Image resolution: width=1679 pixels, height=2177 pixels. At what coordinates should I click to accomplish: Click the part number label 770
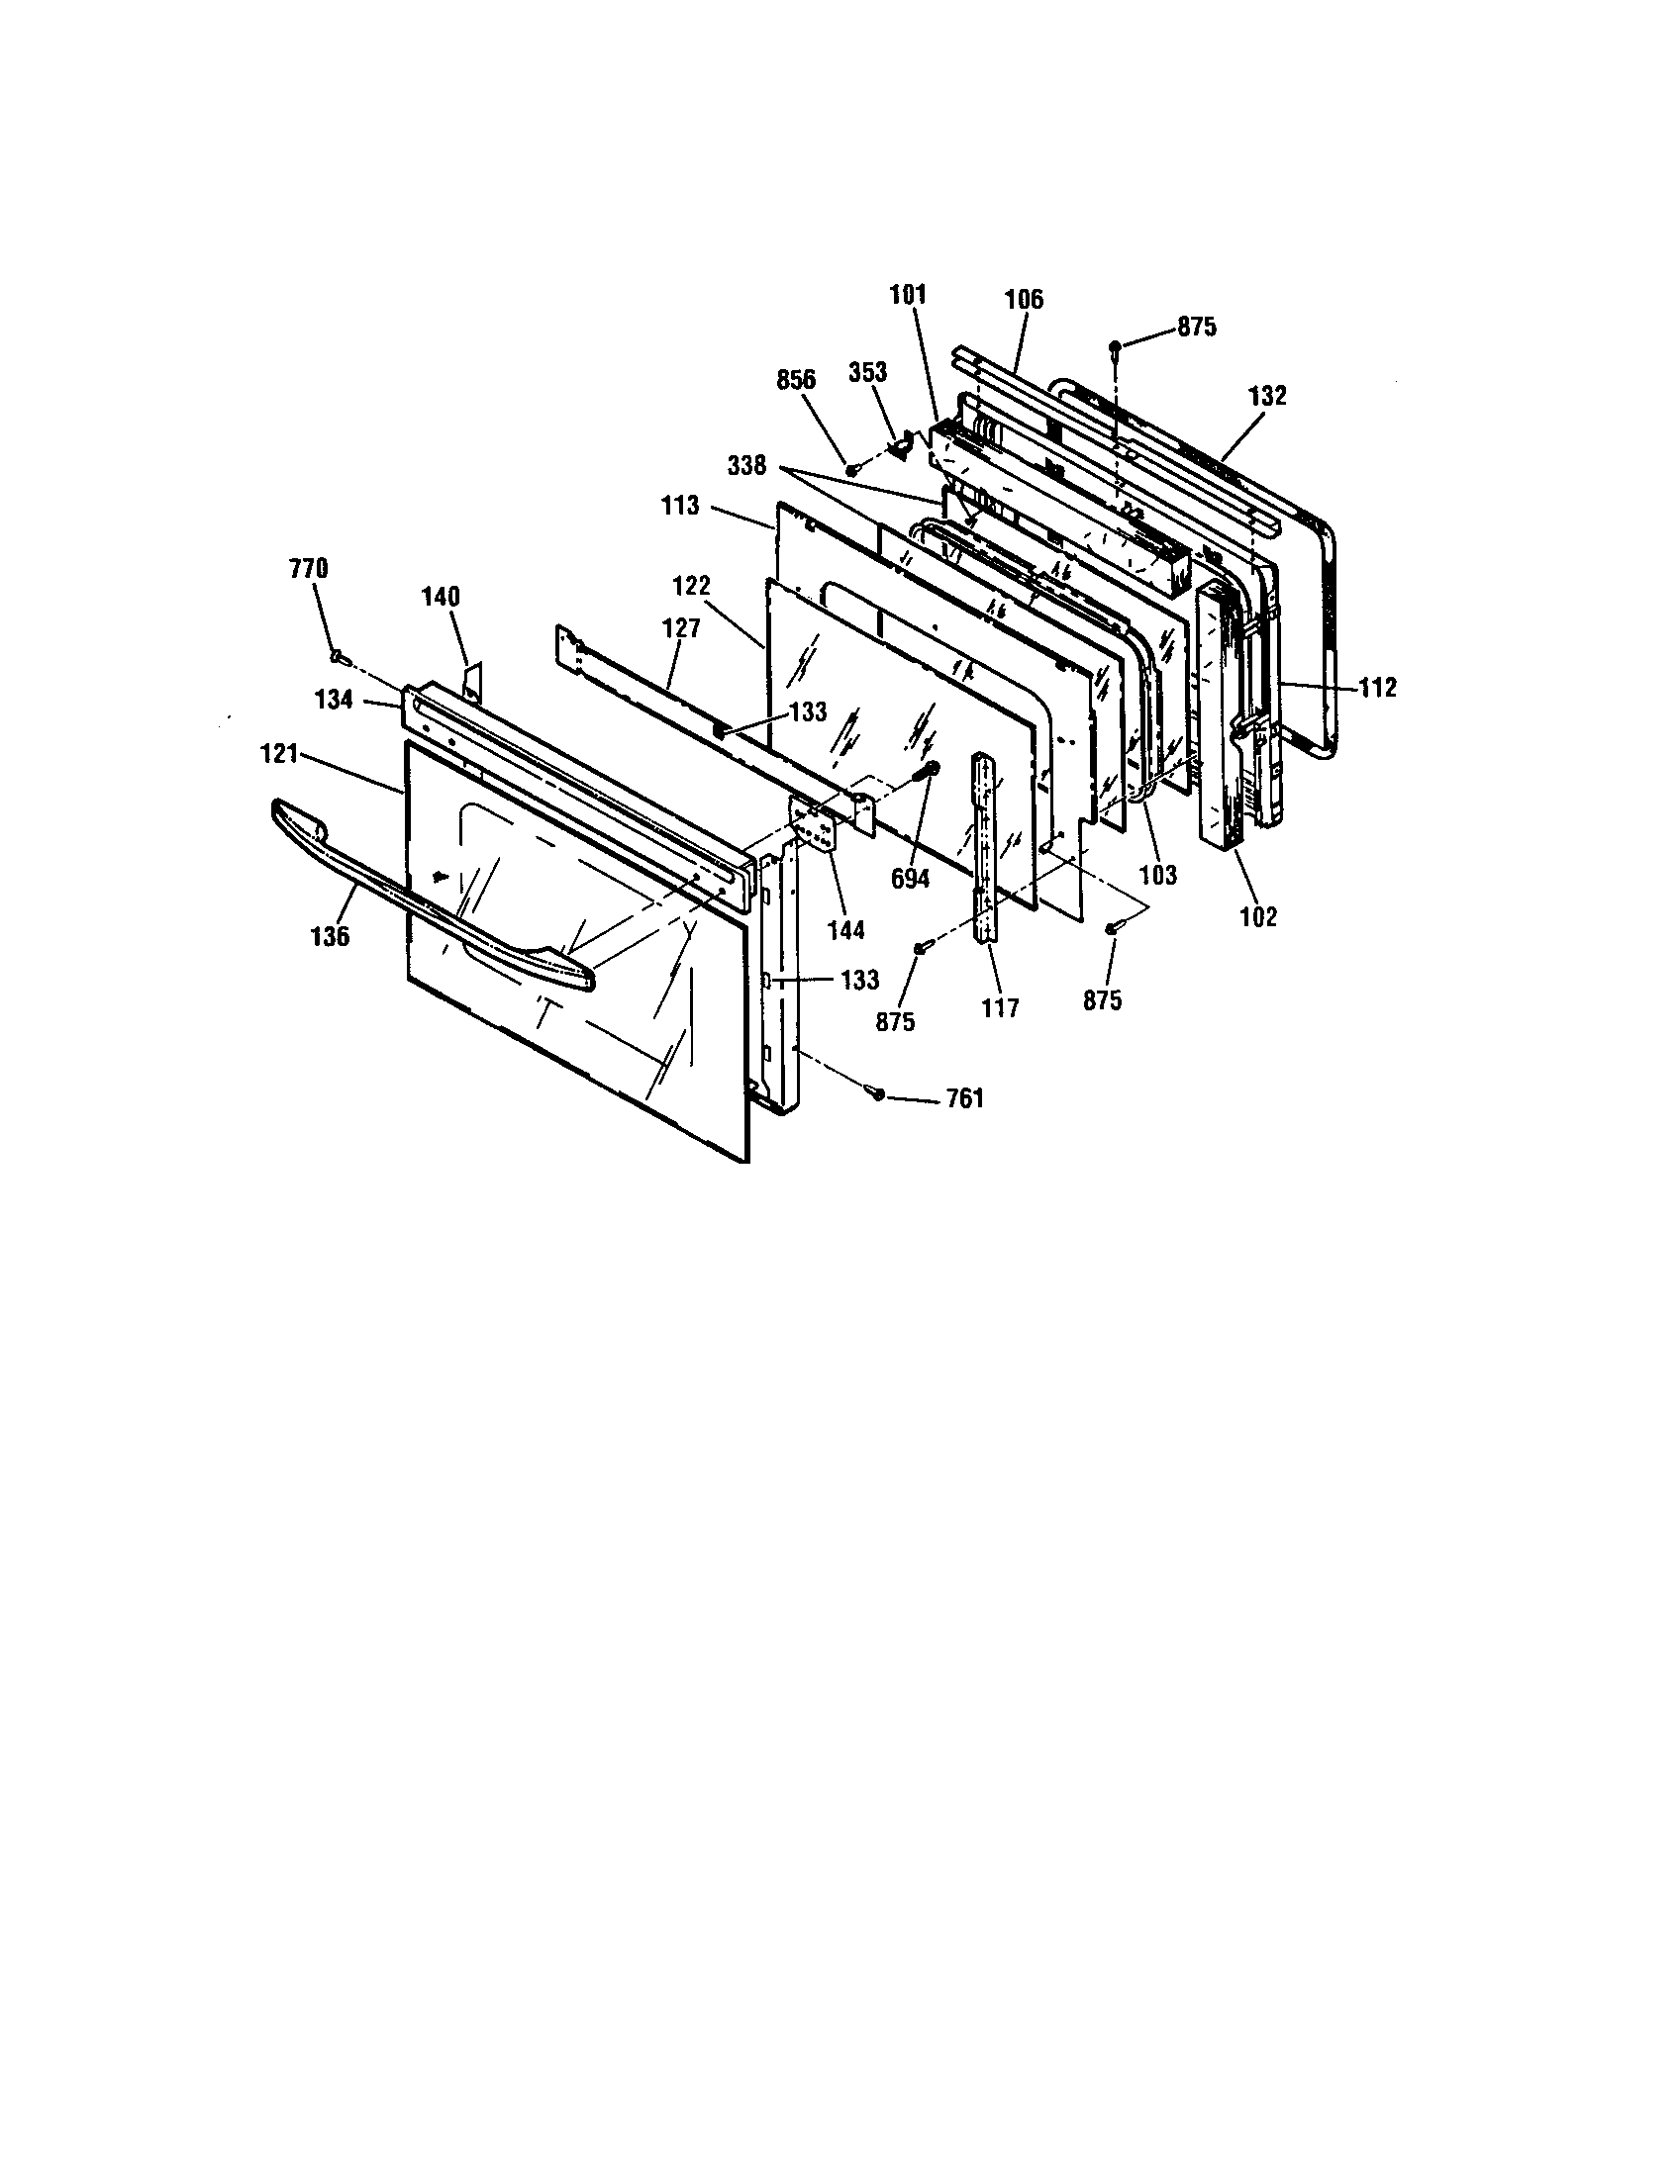pyautogui.click(x=308, y=570)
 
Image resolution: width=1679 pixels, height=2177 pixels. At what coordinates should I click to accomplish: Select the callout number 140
pyautogui.click(x=441, y=597)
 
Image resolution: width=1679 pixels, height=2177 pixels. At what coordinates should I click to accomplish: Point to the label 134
pyautogui.click(x=334, y=700)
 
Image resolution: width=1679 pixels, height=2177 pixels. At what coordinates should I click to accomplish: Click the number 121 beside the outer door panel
pyautogui.click(x=279, y=755)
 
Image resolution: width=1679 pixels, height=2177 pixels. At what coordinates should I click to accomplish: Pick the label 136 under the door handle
pyautogui.click(x=330, y=936)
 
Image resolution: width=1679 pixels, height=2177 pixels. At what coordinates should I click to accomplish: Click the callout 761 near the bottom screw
pyautogui.click(x=964, y=1098)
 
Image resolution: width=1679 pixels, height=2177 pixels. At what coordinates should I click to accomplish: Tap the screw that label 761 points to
pyautogui.click(x=877, y=1093)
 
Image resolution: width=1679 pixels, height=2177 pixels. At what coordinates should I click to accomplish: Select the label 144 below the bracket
pyautogui.click(x=845, y=930)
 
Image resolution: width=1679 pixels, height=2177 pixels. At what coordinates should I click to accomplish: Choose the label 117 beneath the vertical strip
pyautogui.click(x=1000, y=1007)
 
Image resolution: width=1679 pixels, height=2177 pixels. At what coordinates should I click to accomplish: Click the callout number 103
pyautogui.click(x=1157, y=874)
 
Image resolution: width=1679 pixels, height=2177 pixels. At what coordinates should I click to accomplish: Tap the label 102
pyautogui.click(x=1258, y=916)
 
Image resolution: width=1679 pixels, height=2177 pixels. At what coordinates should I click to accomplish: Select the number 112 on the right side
pyautogui.click(x=1377, y=687)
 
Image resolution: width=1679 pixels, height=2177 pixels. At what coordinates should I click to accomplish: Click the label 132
pyautogui.click(x=1267, y=395)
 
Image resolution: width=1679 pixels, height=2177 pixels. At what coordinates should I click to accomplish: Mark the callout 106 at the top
pyautogui.click(x=1024, y=299)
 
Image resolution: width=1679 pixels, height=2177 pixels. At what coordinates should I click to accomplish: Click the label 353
pyautogui.click(x=866, y=372)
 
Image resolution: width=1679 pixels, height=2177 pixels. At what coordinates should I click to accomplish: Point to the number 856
pyautogui.click(x=796, y=380)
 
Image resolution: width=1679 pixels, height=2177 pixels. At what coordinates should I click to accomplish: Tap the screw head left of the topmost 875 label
pyautogui.click(x=1115, y=347)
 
